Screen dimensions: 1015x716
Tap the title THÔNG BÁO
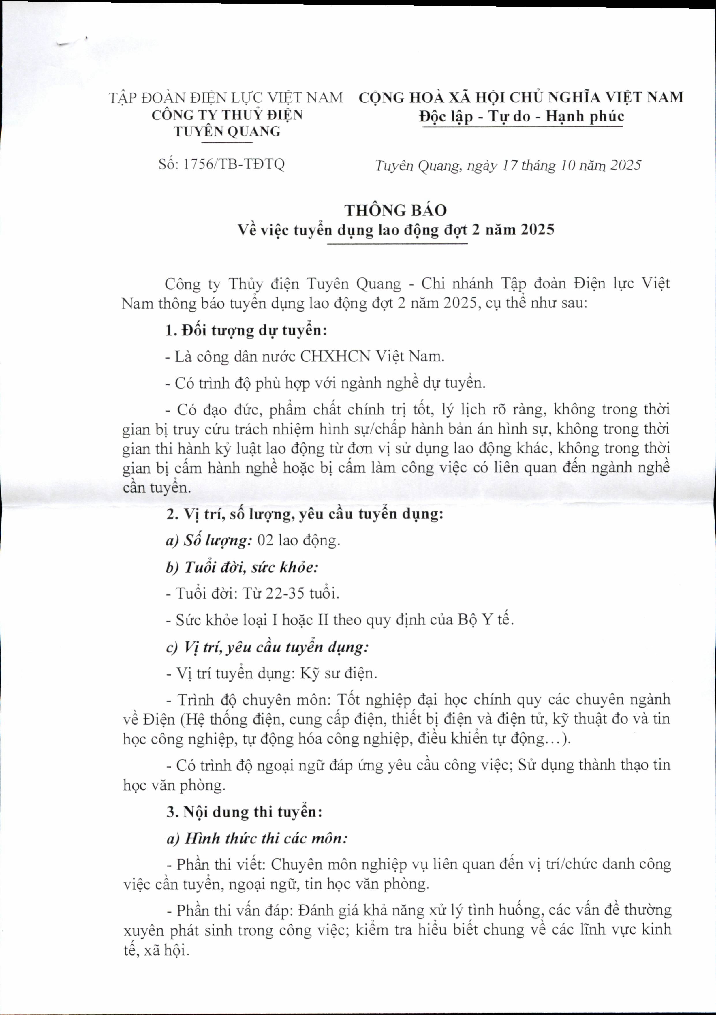click(x=396, y=211)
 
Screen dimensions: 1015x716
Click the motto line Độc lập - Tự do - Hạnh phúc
click(x=522, y=116)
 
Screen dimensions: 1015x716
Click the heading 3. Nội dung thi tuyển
click(x=245, y=812)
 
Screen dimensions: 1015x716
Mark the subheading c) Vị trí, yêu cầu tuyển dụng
click(x=267, y=647)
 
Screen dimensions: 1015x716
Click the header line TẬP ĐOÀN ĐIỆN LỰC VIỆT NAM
click(x=226, y=97)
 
